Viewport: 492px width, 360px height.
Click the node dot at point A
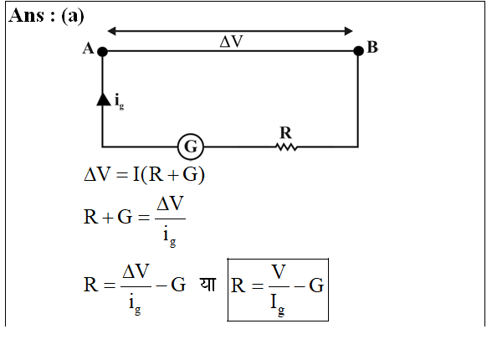click(102, 51)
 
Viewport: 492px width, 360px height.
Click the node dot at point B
click(358, 50)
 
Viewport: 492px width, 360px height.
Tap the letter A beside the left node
click(88, 49)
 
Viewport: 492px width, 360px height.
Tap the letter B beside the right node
click(372, 48)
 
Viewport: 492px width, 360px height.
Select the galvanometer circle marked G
click(191, 147)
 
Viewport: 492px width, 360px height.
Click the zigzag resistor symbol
click(286, 147)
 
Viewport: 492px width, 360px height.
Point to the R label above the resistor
click(285, 132)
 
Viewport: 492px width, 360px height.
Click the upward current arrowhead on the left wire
click(103, 99)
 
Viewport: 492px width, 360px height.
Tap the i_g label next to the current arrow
click(119, 101)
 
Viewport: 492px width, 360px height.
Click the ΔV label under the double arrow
click(232, 41)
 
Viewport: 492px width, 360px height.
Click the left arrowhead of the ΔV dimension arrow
click(112, 31)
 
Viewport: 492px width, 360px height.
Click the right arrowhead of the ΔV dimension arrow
click(349, 31)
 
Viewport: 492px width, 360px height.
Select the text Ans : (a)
click(47, 16)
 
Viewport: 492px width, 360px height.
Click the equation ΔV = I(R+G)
click(144, 174)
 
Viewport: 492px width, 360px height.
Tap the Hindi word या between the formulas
click(208, 285)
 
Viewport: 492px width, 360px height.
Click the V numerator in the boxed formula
click(279, 272)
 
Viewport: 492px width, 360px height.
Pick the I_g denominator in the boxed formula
click(278, 303)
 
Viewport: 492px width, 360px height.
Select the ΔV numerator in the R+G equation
click(170, 203)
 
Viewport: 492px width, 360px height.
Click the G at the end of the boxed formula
click(316, 285)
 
